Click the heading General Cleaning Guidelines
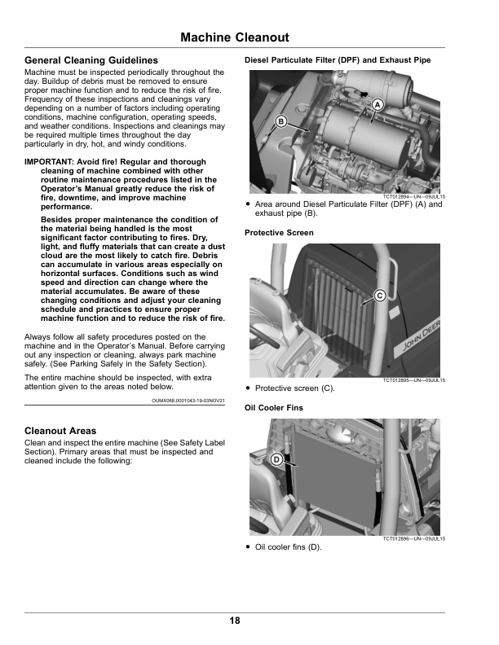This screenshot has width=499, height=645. click(x=91, y=61)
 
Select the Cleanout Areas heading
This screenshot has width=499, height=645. click(x=60, y=431)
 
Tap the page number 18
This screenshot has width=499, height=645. click(x=235, y=621)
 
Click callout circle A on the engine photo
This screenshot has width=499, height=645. click(x=378, y=105)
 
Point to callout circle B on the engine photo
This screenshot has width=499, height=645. click(x=281, y=121)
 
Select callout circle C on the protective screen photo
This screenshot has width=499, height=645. click(x=379, y=294)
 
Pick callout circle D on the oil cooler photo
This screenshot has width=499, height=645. click(x=276, y=460)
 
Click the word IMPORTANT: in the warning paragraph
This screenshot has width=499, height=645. click(x=48, y=162)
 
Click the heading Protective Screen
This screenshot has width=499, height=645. click(x=279, y=233)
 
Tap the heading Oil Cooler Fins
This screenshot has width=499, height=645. click(x=274, y=407)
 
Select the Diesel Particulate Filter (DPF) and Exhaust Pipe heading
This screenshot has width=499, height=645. click(x=338, y=60)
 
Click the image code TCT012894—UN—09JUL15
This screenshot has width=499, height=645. click(x=413, y=197)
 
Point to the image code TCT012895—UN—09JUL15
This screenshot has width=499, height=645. click(x=413, y=381)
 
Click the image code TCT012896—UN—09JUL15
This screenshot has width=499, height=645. click(x=413, y=539)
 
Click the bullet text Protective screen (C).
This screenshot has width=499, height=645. click(x=294, y=389)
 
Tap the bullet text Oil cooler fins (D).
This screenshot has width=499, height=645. click(x=288, y=547)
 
